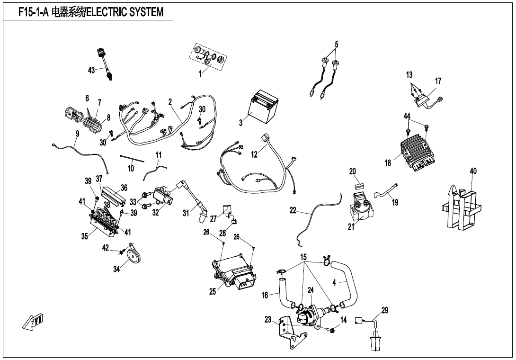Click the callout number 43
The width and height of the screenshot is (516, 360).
pyautogui.click(x=92, y=70)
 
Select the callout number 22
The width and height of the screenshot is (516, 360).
pyautogui.click(x=293, y=210)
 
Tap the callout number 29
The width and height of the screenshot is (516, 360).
pyautogui.click(x=384, y=310)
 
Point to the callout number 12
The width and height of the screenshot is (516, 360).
pyautogui.click(x=254, y=154)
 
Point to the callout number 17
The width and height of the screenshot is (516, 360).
pyautogui.click(x=438, y=81)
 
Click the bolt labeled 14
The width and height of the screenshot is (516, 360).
pyautogui.click(x=332, y=329)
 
